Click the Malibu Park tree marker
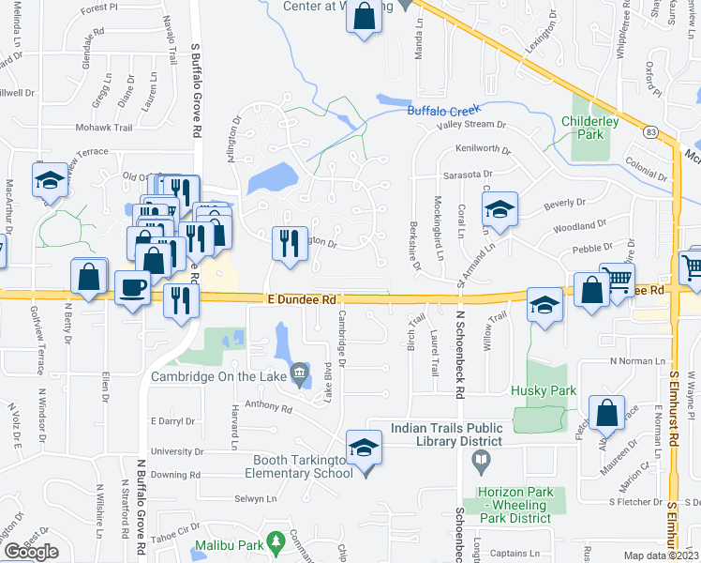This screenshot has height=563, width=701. point(276,541)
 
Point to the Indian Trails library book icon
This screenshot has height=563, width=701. point(481,461)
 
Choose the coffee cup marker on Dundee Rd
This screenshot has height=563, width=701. point(132,286)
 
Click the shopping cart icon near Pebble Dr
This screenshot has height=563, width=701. point(617,278)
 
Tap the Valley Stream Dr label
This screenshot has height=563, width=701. point(471,124)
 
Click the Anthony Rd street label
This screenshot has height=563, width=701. point(262,405)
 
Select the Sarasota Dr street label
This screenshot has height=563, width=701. point(468,175)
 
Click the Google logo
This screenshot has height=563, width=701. point(31,551)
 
